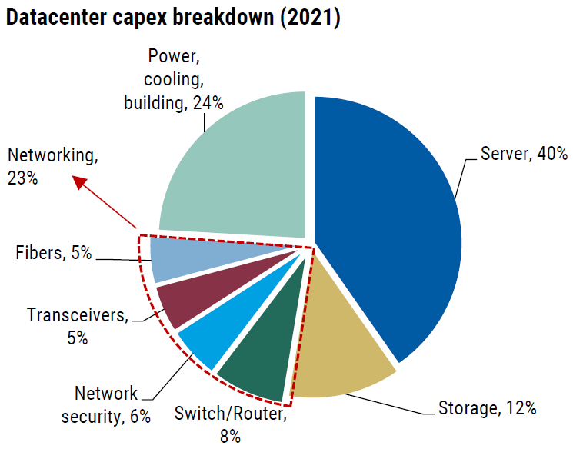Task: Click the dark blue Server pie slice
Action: pos(385,223)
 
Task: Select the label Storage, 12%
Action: pos(486,407)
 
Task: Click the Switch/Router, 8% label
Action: pos(230,425)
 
